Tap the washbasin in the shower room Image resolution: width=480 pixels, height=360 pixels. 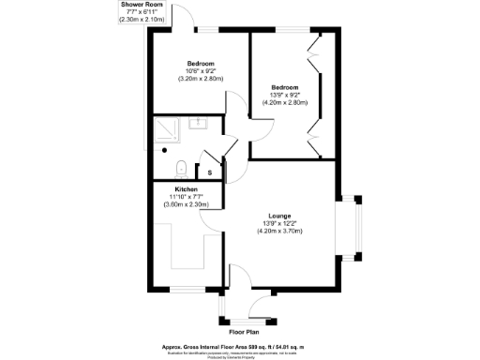199,123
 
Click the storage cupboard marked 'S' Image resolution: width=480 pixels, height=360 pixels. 209,171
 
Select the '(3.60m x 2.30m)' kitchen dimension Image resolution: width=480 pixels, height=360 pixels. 185,204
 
